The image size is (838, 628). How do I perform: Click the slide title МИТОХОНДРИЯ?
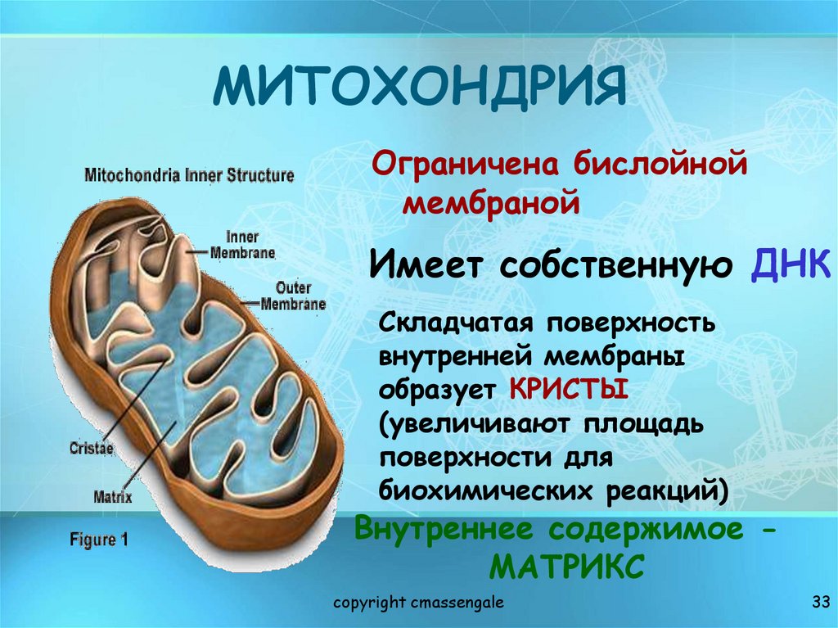pos(418,89)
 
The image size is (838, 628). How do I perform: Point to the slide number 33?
pos(820,603)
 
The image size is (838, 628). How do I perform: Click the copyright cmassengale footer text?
pos(418,603)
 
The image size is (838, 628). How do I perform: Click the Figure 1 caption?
pos(98,540)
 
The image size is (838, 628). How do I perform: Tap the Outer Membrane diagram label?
pos(292,296)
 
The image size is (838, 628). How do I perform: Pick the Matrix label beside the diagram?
pos(113,495)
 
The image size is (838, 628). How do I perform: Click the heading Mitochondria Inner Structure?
pos(189,175)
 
